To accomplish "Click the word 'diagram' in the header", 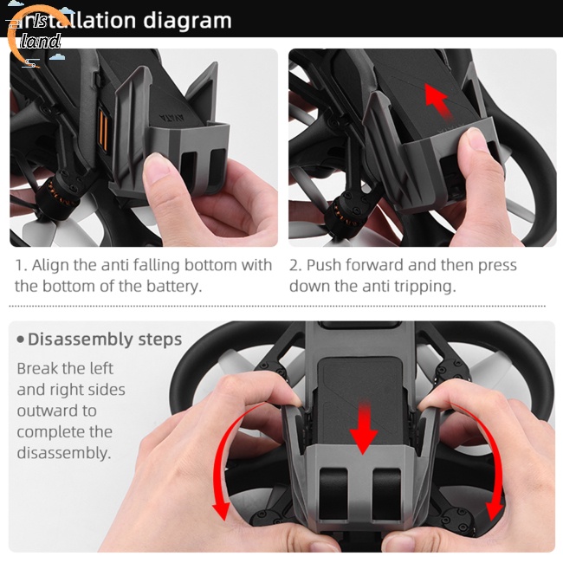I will tap(187, 20).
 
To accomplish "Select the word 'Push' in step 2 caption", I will tap(326, 265).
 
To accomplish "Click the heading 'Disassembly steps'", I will tap(104, 339).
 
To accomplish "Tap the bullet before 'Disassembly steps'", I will tap(20, 340).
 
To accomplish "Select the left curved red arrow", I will tap(223, 468).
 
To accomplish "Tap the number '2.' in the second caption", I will tap(295, 265).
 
